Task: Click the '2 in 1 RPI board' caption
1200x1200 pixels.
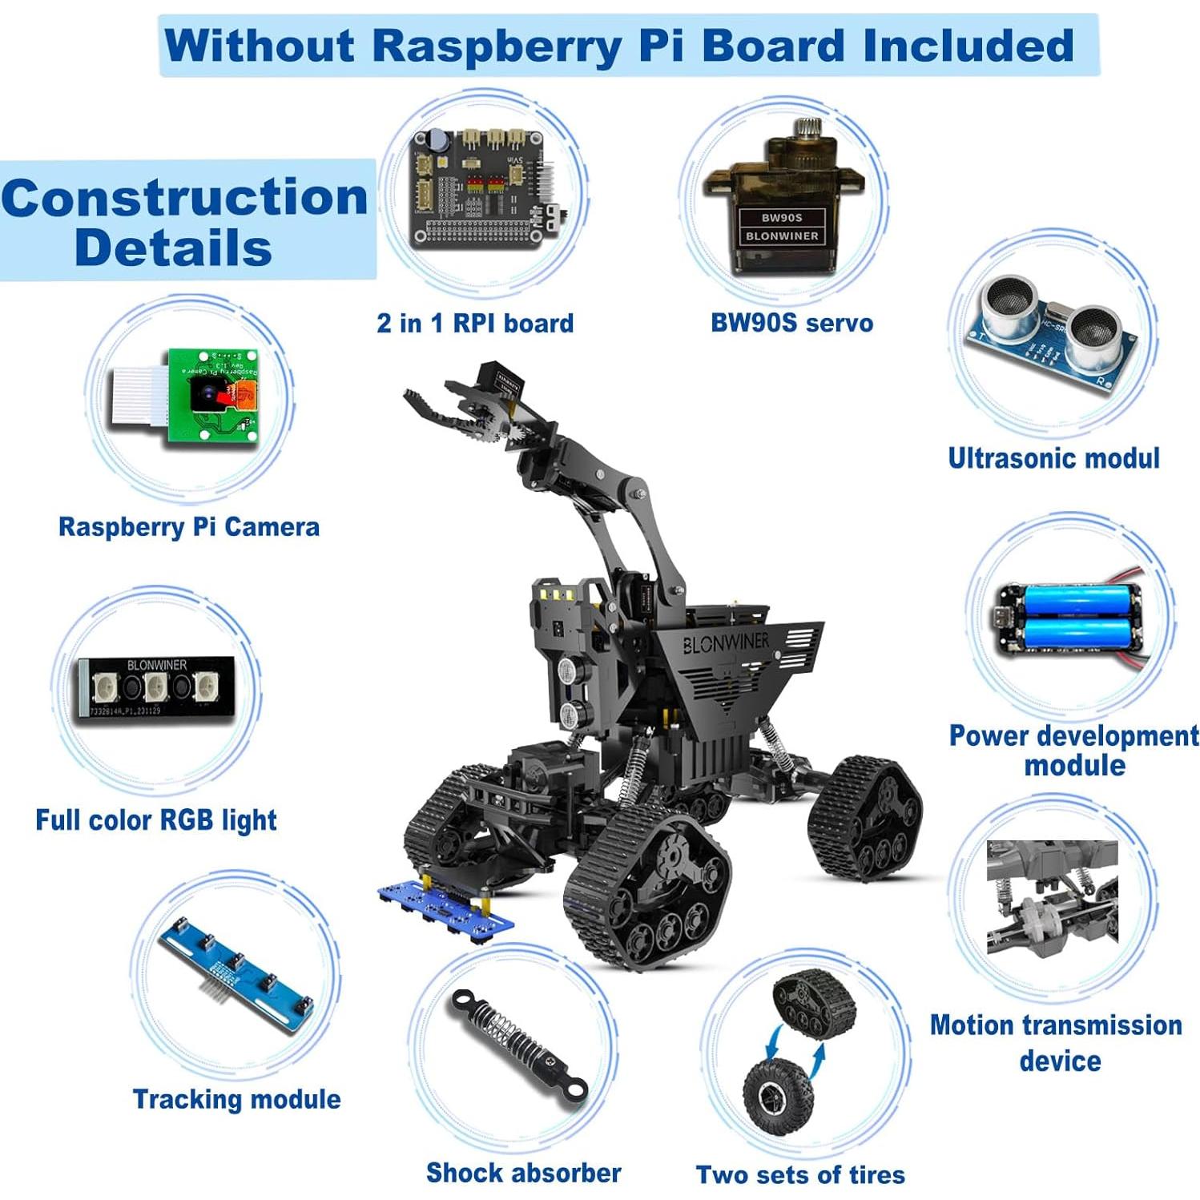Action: tap(475, 323)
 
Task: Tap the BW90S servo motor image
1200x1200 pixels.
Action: tap(783, 200)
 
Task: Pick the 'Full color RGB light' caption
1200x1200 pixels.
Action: tap(156, 820)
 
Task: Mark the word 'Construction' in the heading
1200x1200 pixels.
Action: tap(185, 197)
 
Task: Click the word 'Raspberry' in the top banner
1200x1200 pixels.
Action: tap(497, 45)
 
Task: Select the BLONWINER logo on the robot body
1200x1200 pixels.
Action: tap(726, 642)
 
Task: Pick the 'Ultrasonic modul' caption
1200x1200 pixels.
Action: tap(1053, 458)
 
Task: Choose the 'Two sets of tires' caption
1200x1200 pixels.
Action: tap(800, 1174)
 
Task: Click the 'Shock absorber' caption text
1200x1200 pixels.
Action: tap(523, 1173)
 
